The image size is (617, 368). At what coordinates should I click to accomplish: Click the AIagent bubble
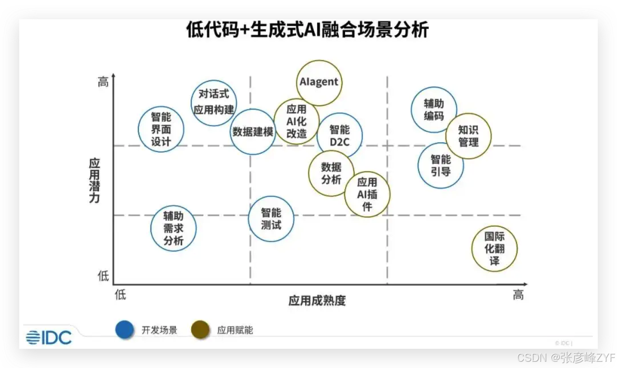(319, 83)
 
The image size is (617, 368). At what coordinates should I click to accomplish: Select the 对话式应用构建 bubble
(214, 102)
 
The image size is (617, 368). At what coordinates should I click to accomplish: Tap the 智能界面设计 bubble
(161, 129)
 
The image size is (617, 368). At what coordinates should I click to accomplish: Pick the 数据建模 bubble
(253, 132)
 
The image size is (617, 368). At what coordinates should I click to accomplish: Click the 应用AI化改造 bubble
(296, 122)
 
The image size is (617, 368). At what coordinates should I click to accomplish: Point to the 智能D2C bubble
(340, 136)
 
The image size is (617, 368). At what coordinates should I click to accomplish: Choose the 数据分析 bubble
(331, 173)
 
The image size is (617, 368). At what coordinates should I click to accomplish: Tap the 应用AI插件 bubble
(367, 195)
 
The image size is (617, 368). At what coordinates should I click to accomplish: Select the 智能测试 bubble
(271, 219)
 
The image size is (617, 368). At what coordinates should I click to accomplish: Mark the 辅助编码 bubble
(434, 110)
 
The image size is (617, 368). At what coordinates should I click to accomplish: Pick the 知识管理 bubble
(469, 136)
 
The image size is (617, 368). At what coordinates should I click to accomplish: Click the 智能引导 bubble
(441, 165)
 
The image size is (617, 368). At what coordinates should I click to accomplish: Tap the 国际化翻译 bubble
(494, 249)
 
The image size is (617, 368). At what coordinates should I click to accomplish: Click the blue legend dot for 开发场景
(124, 330)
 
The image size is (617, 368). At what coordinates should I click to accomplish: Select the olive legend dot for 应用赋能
(200, 330)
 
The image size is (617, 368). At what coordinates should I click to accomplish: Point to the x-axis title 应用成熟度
(317, 301)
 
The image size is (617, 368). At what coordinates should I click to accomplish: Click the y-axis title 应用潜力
(94, 180)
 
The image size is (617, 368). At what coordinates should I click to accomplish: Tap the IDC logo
(49, 337)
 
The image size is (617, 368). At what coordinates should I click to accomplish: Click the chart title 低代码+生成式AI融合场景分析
(308, 30)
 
